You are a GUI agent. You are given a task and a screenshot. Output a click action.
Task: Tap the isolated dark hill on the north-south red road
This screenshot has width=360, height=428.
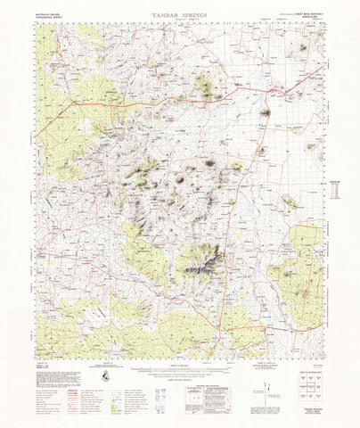point(265,113)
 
